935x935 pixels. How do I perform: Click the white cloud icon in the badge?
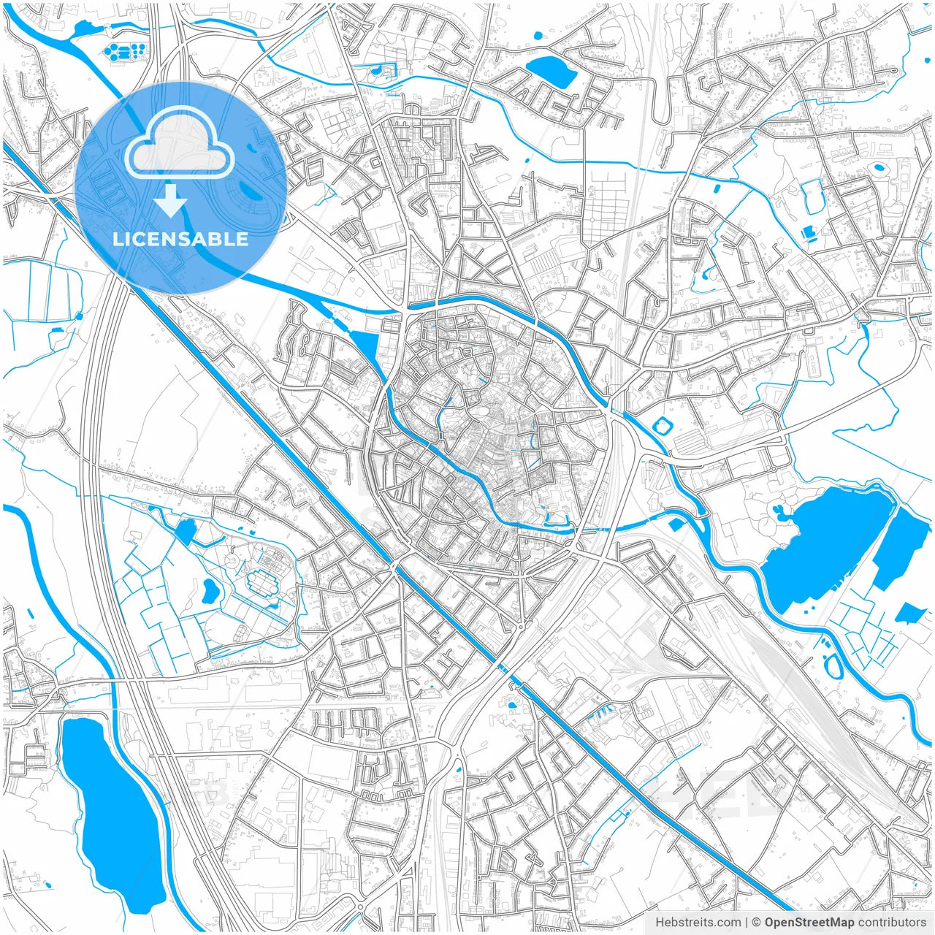click(180, 146)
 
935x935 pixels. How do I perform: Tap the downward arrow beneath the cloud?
click(171, 200)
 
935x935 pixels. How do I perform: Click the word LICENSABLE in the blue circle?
click(180, 240)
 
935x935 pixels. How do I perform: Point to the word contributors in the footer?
click(893, 923)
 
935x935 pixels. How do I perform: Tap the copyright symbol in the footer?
click(757, 923)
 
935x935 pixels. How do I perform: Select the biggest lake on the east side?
click(825, 541)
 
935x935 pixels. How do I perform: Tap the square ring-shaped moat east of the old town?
click(665, 425)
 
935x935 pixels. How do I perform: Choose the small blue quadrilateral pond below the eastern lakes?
click(910, 612)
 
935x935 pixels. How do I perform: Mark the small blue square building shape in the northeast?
click(808, 233)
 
